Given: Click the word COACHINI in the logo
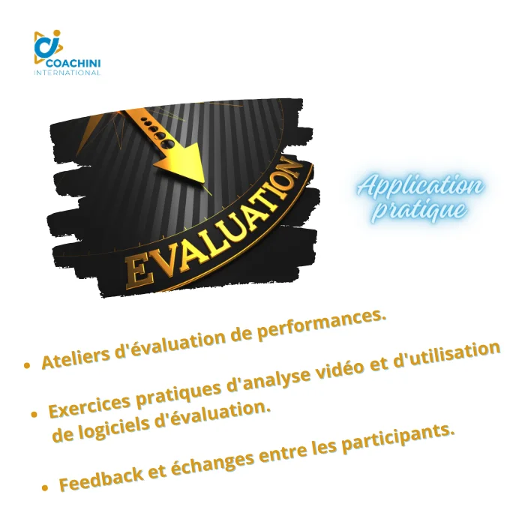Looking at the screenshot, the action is tap(73, 63).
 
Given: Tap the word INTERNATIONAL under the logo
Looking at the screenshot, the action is tap(67, 73).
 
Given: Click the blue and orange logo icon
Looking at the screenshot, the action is tap(48, 46).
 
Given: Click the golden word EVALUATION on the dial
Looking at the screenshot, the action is tap(211, 225).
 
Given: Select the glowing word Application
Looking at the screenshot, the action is tap(420, 185).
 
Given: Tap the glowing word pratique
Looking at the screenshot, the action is tap(420, 210).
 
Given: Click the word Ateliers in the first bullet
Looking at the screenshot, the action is tap(75, 358).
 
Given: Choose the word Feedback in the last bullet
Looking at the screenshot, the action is tap(100, 478).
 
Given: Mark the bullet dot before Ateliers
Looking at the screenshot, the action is tap(28, 364).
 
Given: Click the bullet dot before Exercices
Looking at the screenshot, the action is tap(34, 415).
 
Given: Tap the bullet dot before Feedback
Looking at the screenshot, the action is tap(45, 488).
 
